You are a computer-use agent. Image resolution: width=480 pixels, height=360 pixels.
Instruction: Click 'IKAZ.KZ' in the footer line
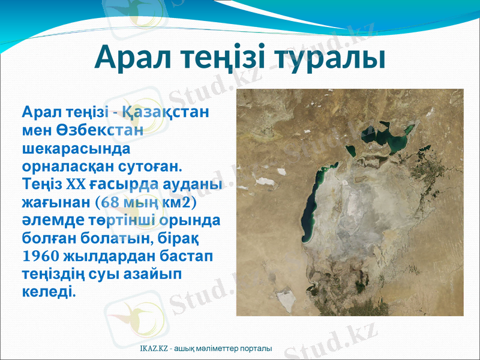[153, 349]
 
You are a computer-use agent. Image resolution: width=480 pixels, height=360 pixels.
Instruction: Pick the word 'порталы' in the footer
[258, 349]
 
